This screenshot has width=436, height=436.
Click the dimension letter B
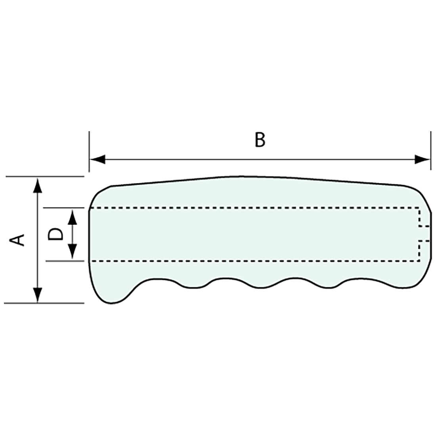(x=260, y=140)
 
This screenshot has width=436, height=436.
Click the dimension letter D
(x=55, y=234)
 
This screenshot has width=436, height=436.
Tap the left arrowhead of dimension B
(x=98, y=160)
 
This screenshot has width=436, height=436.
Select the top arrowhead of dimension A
(x=38, y=185)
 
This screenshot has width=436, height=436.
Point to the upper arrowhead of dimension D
(x=73, y=217)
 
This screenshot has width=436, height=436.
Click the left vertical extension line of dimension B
(x=89, y=151)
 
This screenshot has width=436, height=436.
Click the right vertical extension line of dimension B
(x=431, y=151)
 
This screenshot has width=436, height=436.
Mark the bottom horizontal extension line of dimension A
(x=44, y=303)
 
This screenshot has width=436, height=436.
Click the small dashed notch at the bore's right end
(x=425, y=233)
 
